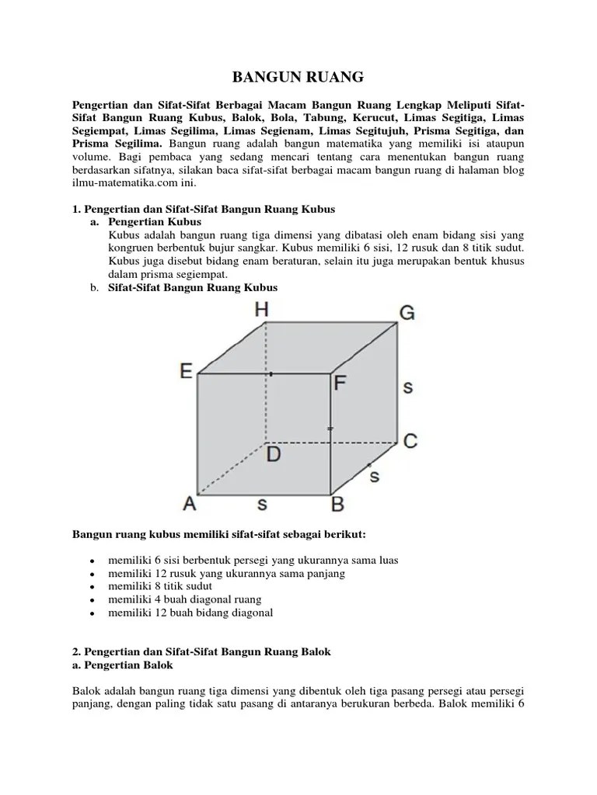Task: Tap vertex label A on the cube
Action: coord(189,504)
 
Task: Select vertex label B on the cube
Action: coord(338,505)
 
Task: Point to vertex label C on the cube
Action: coord(410,441)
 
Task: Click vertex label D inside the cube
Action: coord(274,454)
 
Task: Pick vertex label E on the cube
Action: coord(187,372)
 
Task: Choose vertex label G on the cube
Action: coord(407,313)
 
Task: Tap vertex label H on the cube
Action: coord(262,310)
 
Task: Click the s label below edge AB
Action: coord(262,504)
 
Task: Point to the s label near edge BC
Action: coord(374,475)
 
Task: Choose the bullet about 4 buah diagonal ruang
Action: coord(185,599)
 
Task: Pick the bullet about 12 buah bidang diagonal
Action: coord(190,613)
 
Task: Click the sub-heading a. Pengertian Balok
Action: coord(123,665)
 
